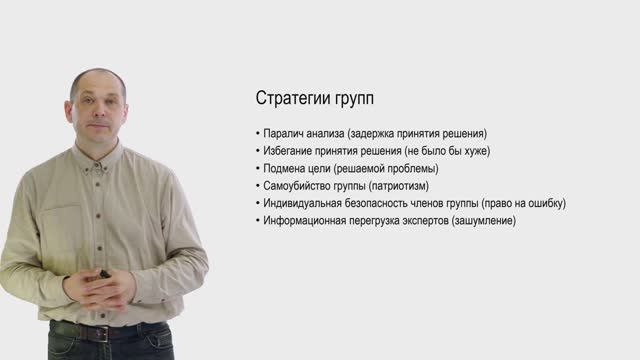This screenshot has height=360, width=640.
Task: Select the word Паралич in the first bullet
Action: [285, 133]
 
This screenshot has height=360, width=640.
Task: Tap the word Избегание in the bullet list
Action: [292, 150]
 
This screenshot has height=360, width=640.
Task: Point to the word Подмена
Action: [288, 168]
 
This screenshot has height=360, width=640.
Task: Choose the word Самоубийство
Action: [303, 185]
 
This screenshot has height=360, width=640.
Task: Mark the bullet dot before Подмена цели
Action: [257, 168]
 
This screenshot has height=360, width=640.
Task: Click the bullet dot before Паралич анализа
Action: [257, 133]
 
